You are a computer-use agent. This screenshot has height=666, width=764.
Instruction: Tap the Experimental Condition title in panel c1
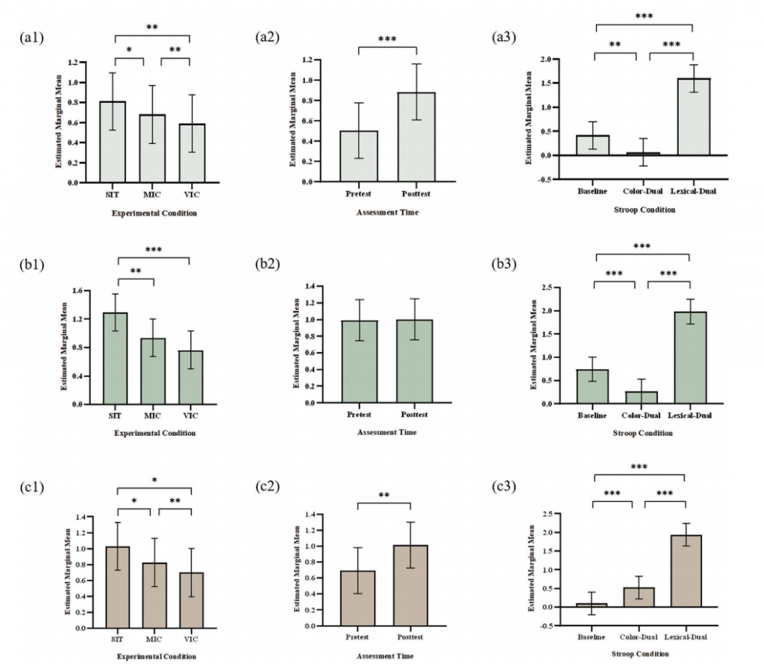155,656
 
